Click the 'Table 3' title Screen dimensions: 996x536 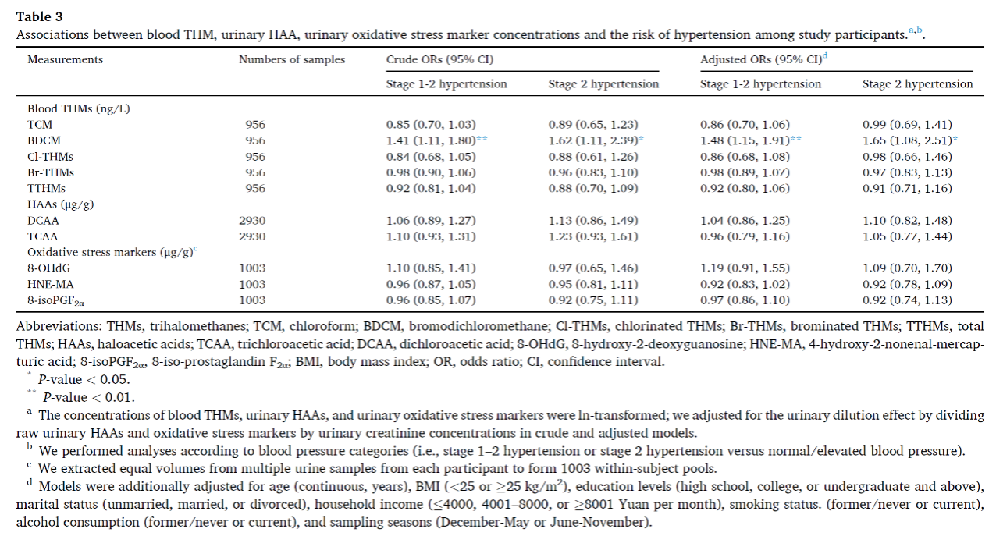40,17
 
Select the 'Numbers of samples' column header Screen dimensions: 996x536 292,59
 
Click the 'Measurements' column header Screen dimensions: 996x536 65,59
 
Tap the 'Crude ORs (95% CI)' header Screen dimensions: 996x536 439,59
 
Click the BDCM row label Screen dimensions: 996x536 44,140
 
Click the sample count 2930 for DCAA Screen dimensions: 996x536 252,221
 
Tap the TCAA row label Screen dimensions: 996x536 43,236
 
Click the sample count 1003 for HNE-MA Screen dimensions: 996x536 252,285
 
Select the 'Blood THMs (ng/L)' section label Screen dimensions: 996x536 79,109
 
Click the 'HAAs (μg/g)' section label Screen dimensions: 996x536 60,204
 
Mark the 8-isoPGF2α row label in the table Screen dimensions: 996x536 56,301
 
